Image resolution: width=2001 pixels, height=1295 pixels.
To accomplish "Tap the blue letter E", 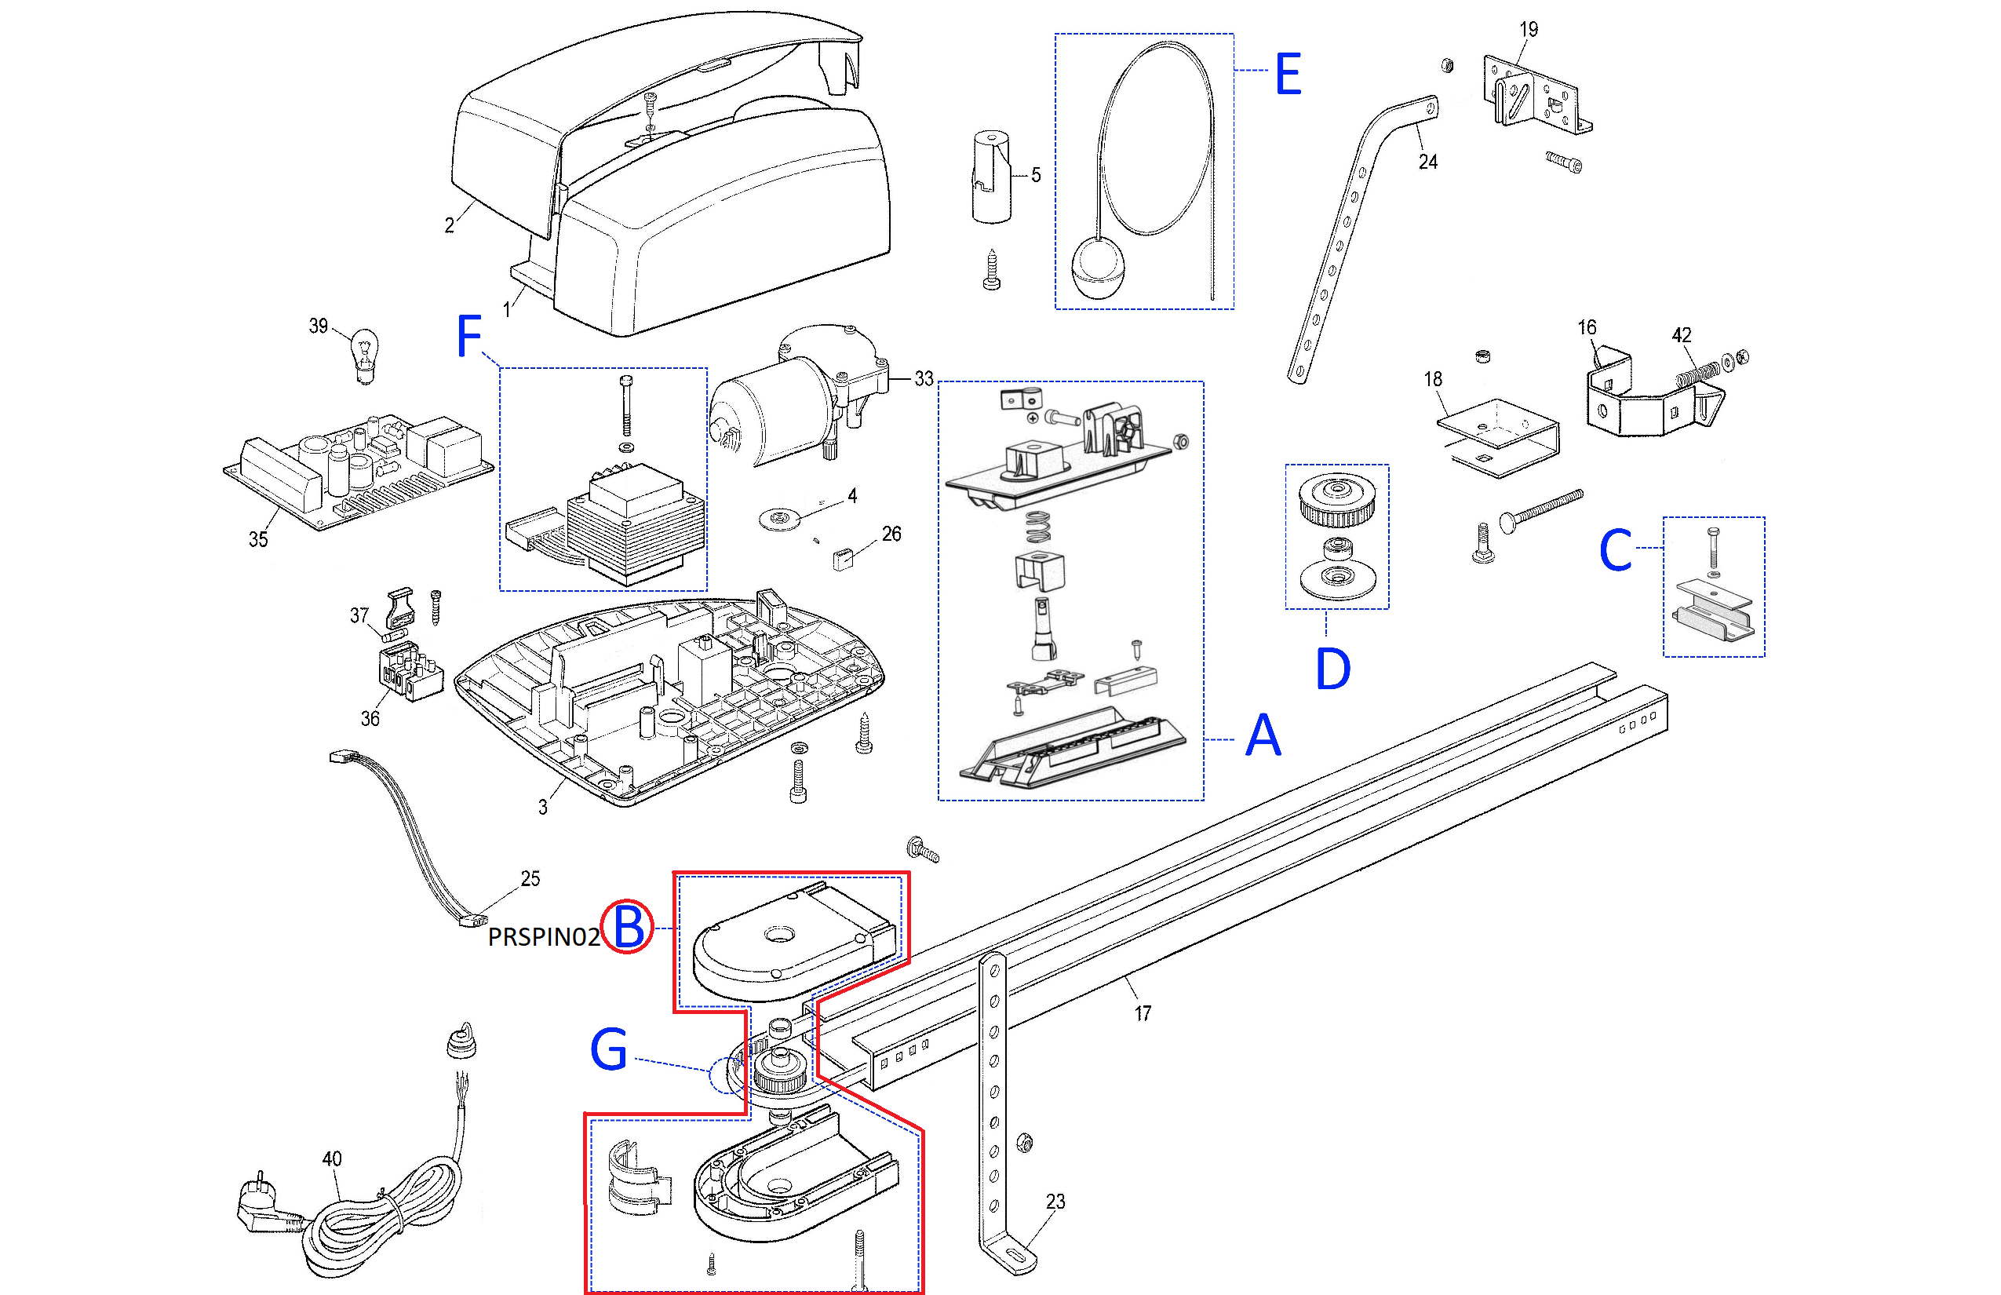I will click(x=1288, y=74).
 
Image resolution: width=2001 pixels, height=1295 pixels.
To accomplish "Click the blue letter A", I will click(x=1263, y=736).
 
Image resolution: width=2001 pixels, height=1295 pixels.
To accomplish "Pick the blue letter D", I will click(x=1332, y=669).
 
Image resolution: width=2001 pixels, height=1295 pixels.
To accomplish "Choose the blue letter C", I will click(x=1615, y=551).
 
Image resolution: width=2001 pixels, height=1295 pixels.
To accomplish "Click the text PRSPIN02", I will click(x=543, y=937).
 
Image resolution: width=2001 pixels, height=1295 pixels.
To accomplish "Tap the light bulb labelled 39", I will click(x=364, y=355).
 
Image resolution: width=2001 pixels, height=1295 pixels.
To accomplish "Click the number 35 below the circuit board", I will click(x=258, y=540).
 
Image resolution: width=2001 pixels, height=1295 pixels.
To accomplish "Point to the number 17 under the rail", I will click(x=1143, y=1013).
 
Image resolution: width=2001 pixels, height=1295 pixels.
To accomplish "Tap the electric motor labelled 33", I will click(x=782, y=403).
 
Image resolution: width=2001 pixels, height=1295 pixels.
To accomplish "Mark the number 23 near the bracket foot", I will click(x=1055, y=1202).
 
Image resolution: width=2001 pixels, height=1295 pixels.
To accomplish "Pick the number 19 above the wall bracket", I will click(x=1529, y=30).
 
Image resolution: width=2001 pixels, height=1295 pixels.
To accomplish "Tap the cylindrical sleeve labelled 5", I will click(x=991, y=177).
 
